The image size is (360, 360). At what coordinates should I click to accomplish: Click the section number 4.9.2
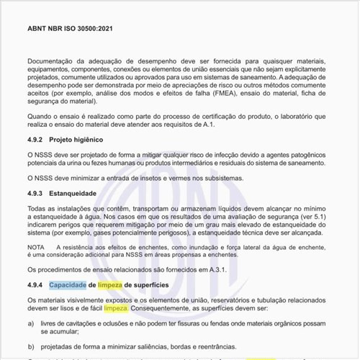pos(38,139)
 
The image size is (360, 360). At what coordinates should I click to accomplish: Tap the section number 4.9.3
pos(38,194)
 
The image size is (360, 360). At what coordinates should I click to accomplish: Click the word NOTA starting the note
pos(36,247)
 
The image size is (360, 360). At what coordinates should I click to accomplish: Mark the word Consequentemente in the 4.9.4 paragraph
pos(164,308)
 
